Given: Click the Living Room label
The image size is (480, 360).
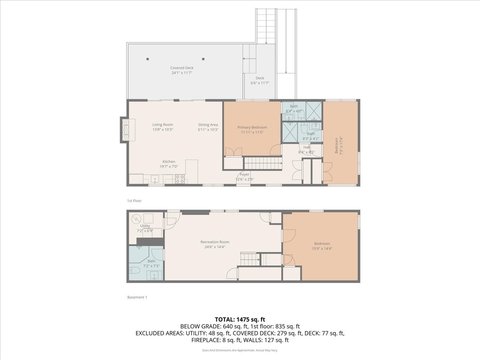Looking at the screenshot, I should (x=162, y=124).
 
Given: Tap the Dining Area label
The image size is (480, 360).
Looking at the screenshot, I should (x=208, y=124).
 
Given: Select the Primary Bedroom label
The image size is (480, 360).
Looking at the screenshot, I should (x=252, y=127).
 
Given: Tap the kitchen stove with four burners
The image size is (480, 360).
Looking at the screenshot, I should (x=180, y=179).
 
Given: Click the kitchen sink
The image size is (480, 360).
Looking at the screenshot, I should (x=155, y=179).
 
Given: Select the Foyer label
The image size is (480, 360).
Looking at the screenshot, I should (x=244, y=174).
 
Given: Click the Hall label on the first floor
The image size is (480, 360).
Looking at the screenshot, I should (x=306, y=147).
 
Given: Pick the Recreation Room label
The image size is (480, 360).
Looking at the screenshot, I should (x=215, y=242).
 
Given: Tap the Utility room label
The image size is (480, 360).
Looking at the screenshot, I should (x=145, y=226).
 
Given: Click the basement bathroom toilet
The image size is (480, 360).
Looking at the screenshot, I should (x=134, y=270).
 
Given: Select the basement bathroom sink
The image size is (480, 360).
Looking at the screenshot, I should (x=154, y=275).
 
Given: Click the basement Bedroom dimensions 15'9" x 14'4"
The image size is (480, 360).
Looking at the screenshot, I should (x=322, y=248).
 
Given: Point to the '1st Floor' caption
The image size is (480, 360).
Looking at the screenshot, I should (x=134, y=201).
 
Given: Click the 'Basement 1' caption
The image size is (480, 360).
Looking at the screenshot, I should (x=137, y=297).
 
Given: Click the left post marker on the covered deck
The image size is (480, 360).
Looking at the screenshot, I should (x=148, y=59).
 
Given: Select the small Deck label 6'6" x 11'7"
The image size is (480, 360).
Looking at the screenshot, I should (x=260, y=83).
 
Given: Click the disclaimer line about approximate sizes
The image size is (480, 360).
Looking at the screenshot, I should (x=240, y=350).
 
